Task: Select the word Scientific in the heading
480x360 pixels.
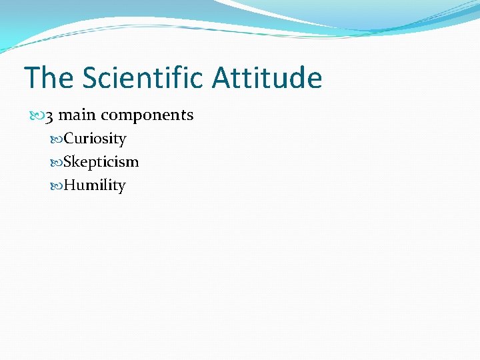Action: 143,78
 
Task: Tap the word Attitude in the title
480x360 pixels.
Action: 267,78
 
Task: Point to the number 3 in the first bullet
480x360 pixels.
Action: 49,115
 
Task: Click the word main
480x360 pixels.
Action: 77,115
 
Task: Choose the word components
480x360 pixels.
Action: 147,115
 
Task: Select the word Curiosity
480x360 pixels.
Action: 95,139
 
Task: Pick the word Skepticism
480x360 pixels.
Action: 101,163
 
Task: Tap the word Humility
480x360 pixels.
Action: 94,186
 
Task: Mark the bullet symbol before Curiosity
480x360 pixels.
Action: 57,139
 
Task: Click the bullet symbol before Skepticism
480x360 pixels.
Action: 57,163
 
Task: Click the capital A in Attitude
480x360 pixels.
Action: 222,78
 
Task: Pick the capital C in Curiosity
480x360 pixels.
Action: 69,139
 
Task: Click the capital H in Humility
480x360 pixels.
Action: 69,185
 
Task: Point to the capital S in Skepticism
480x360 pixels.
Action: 68,162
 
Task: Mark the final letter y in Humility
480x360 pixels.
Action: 121,187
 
